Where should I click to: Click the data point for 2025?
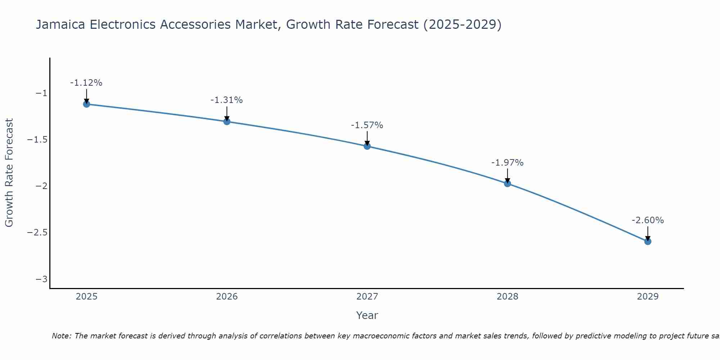tap(86, 104)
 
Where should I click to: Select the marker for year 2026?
tap(227, 121)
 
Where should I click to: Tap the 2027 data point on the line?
tap(367, 146)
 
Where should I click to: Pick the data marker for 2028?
tap(508, 183)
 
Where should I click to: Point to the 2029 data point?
tap(648, 241)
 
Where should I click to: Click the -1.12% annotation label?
tap(86, 83)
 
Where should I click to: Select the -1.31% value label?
tap(226, 100)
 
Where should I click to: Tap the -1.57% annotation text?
tap(367, 125)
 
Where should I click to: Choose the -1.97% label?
tap(507, 163)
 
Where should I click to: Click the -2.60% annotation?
tap(648, 220)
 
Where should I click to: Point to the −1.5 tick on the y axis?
tap(37, 140)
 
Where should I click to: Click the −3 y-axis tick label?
tap(41, 279)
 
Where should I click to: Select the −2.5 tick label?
tap(37, 233)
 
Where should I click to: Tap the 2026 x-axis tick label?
tap(227, 297)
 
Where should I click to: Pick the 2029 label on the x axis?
tap(648, 297)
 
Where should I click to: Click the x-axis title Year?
tap(367, 315)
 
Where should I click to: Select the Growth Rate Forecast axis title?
tap(9, 173)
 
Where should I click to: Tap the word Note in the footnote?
tap(61, 336)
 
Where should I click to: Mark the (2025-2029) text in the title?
tap(462, 24)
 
